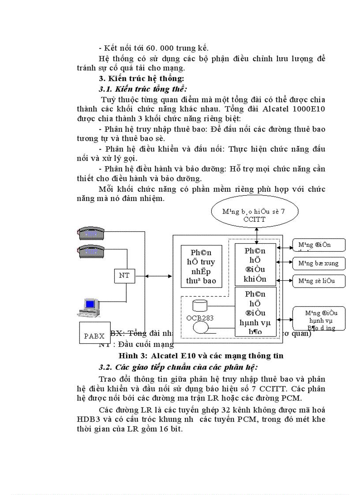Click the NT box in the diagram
coord(124,276)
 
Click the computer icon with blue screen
coord(90,307)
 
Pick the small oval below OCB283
coord(201,328)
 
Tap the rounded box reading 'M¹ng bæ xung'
coord(319,263)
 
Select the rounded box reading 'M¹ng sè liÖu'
coord(319,281)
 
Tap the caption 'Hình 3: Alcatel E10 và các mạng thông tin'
coord(200,356)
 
